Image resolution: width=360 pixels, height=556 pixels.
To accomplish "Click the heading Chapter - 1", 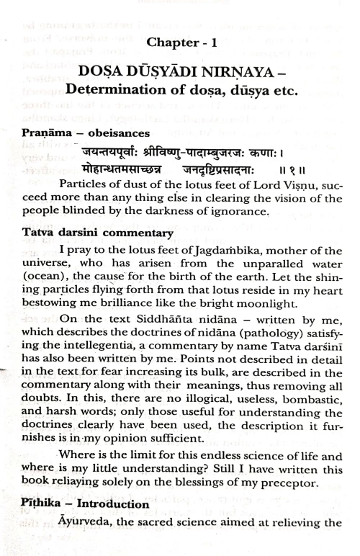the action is click(x=180, y=42).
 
